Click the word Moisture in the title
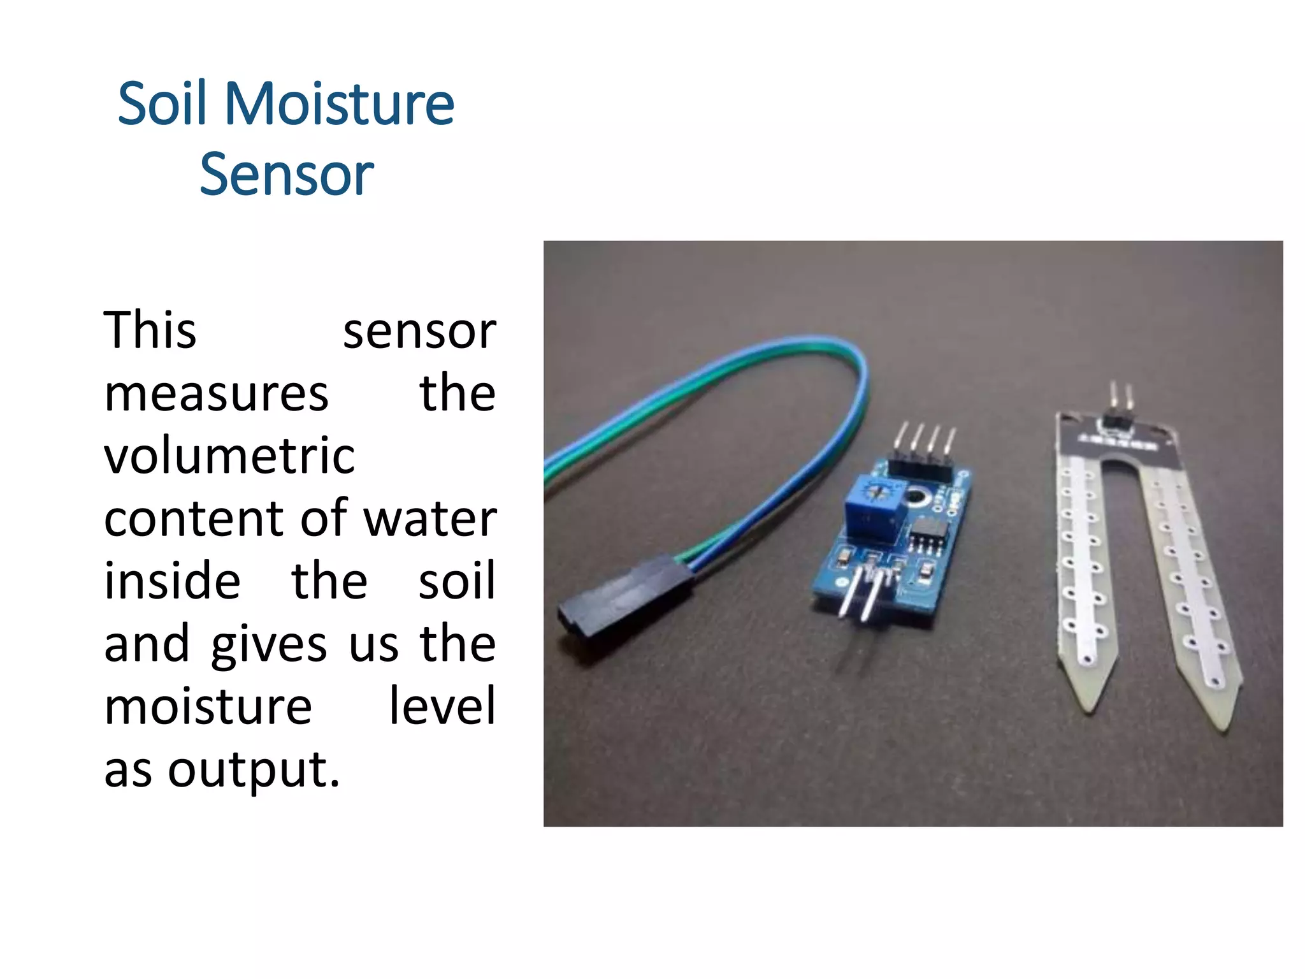click(x=339, y=104)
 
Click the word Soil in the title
click(x=162, y=104)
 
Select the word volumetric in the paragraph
click(x=229, y=456)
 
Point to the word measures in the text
click(x=216, y=393)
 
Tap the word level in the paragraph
click(x=442, y=706)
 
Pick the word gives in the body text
click(x=269, y=644)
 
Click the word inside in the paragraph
click(x=172, y=581)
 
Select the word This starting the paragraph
click(x=150, y=330)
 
